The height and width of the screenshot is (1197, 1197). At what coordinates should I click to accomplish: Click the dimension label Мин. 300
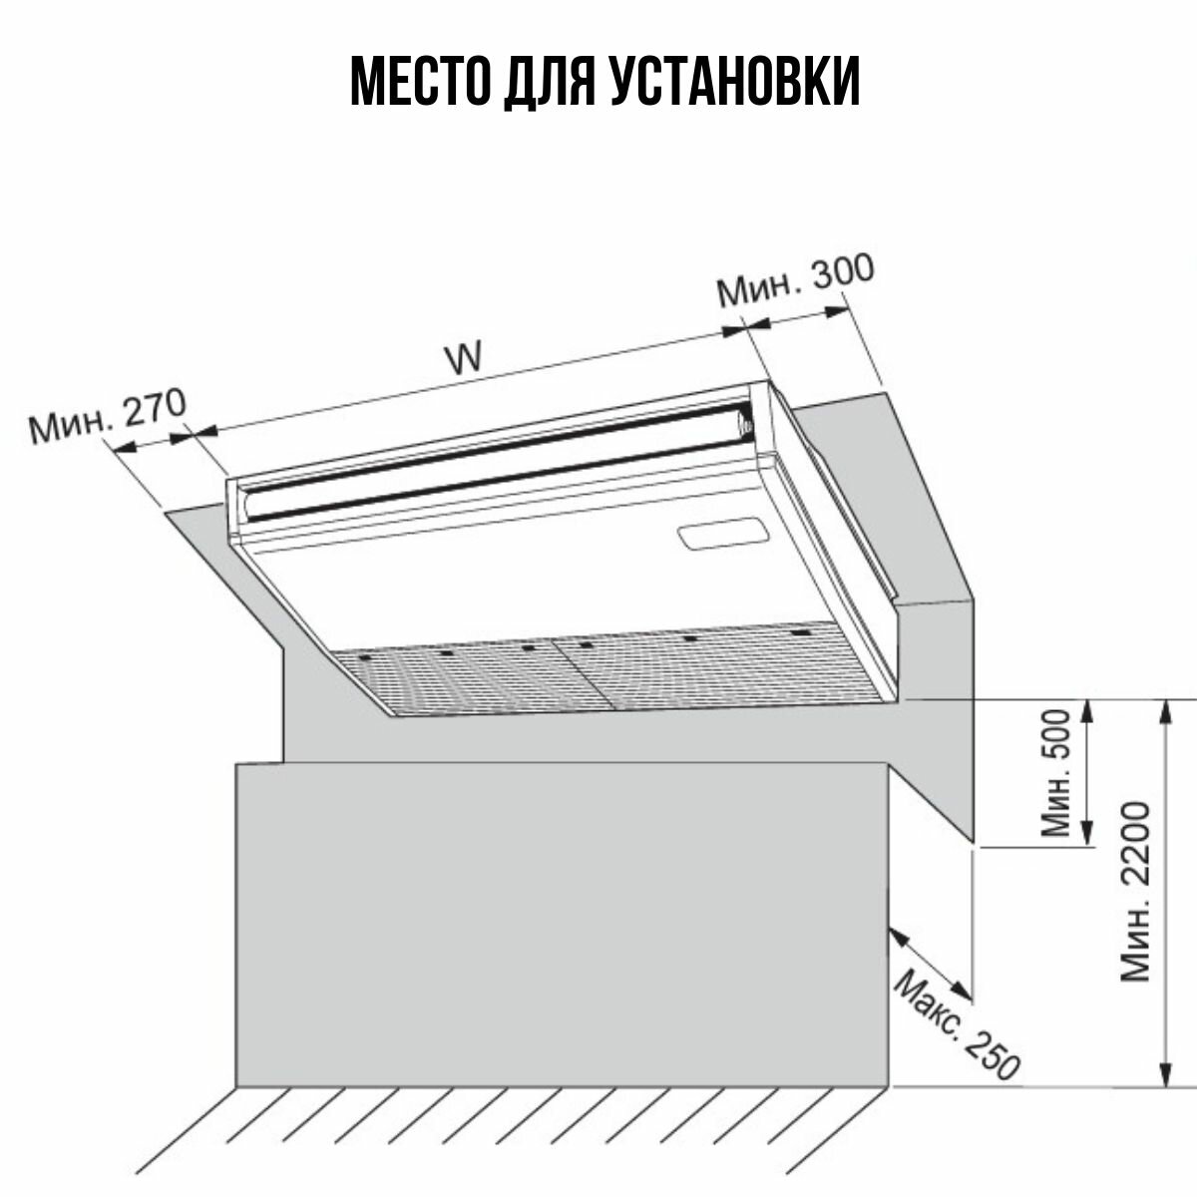tap(795, 282)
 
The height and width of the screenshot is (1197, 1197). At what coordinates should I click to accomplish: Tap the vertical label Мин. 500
tap(1055, 773)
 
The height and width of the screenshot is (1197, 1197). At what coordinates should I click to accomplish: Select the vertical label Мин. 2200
tap(1135, 890)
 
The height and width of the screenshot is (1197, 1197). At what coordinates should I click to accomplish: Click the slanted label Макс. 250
tap(956, 1027)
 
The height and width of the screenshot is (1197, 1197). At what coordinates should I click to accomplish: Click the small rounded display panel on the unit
tap(720, 535)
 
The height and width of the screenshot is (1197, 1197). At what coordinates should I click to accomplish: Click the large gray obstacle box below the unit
tap(559, 923)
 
